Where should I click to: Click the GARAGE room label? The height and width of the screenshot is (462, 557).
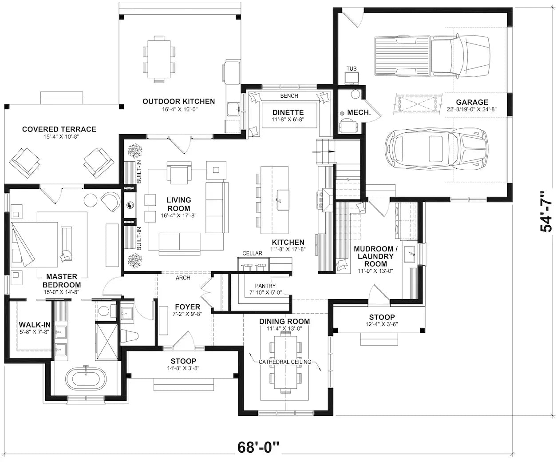(x=471, y=102)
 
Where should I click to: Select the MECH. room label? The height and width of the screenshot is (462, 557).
(x=359, y=112)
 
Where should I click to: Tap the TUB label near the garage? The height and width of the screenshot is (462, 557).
(x=352, y=68)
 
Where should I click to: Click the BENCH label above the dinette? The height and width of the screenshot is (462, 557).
(x=289, y=96)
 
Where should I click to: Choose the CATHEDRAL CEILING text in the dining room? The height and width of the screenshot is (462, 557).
(x=285, y=362)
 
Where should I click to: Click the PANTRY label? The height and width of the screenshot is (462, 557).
(x=265, y=286)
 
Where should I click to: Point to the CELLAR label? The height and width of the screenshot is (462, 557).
(x=252, y=254)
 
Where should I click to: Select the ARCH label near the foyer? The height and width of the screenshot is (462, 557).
(x=183, y=278)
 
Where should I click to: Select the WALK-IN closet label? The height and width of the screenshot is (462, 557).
(x=35, y=325)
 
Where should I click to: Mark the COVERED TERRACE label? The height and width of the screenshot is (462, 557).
(x=59, y=129)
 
